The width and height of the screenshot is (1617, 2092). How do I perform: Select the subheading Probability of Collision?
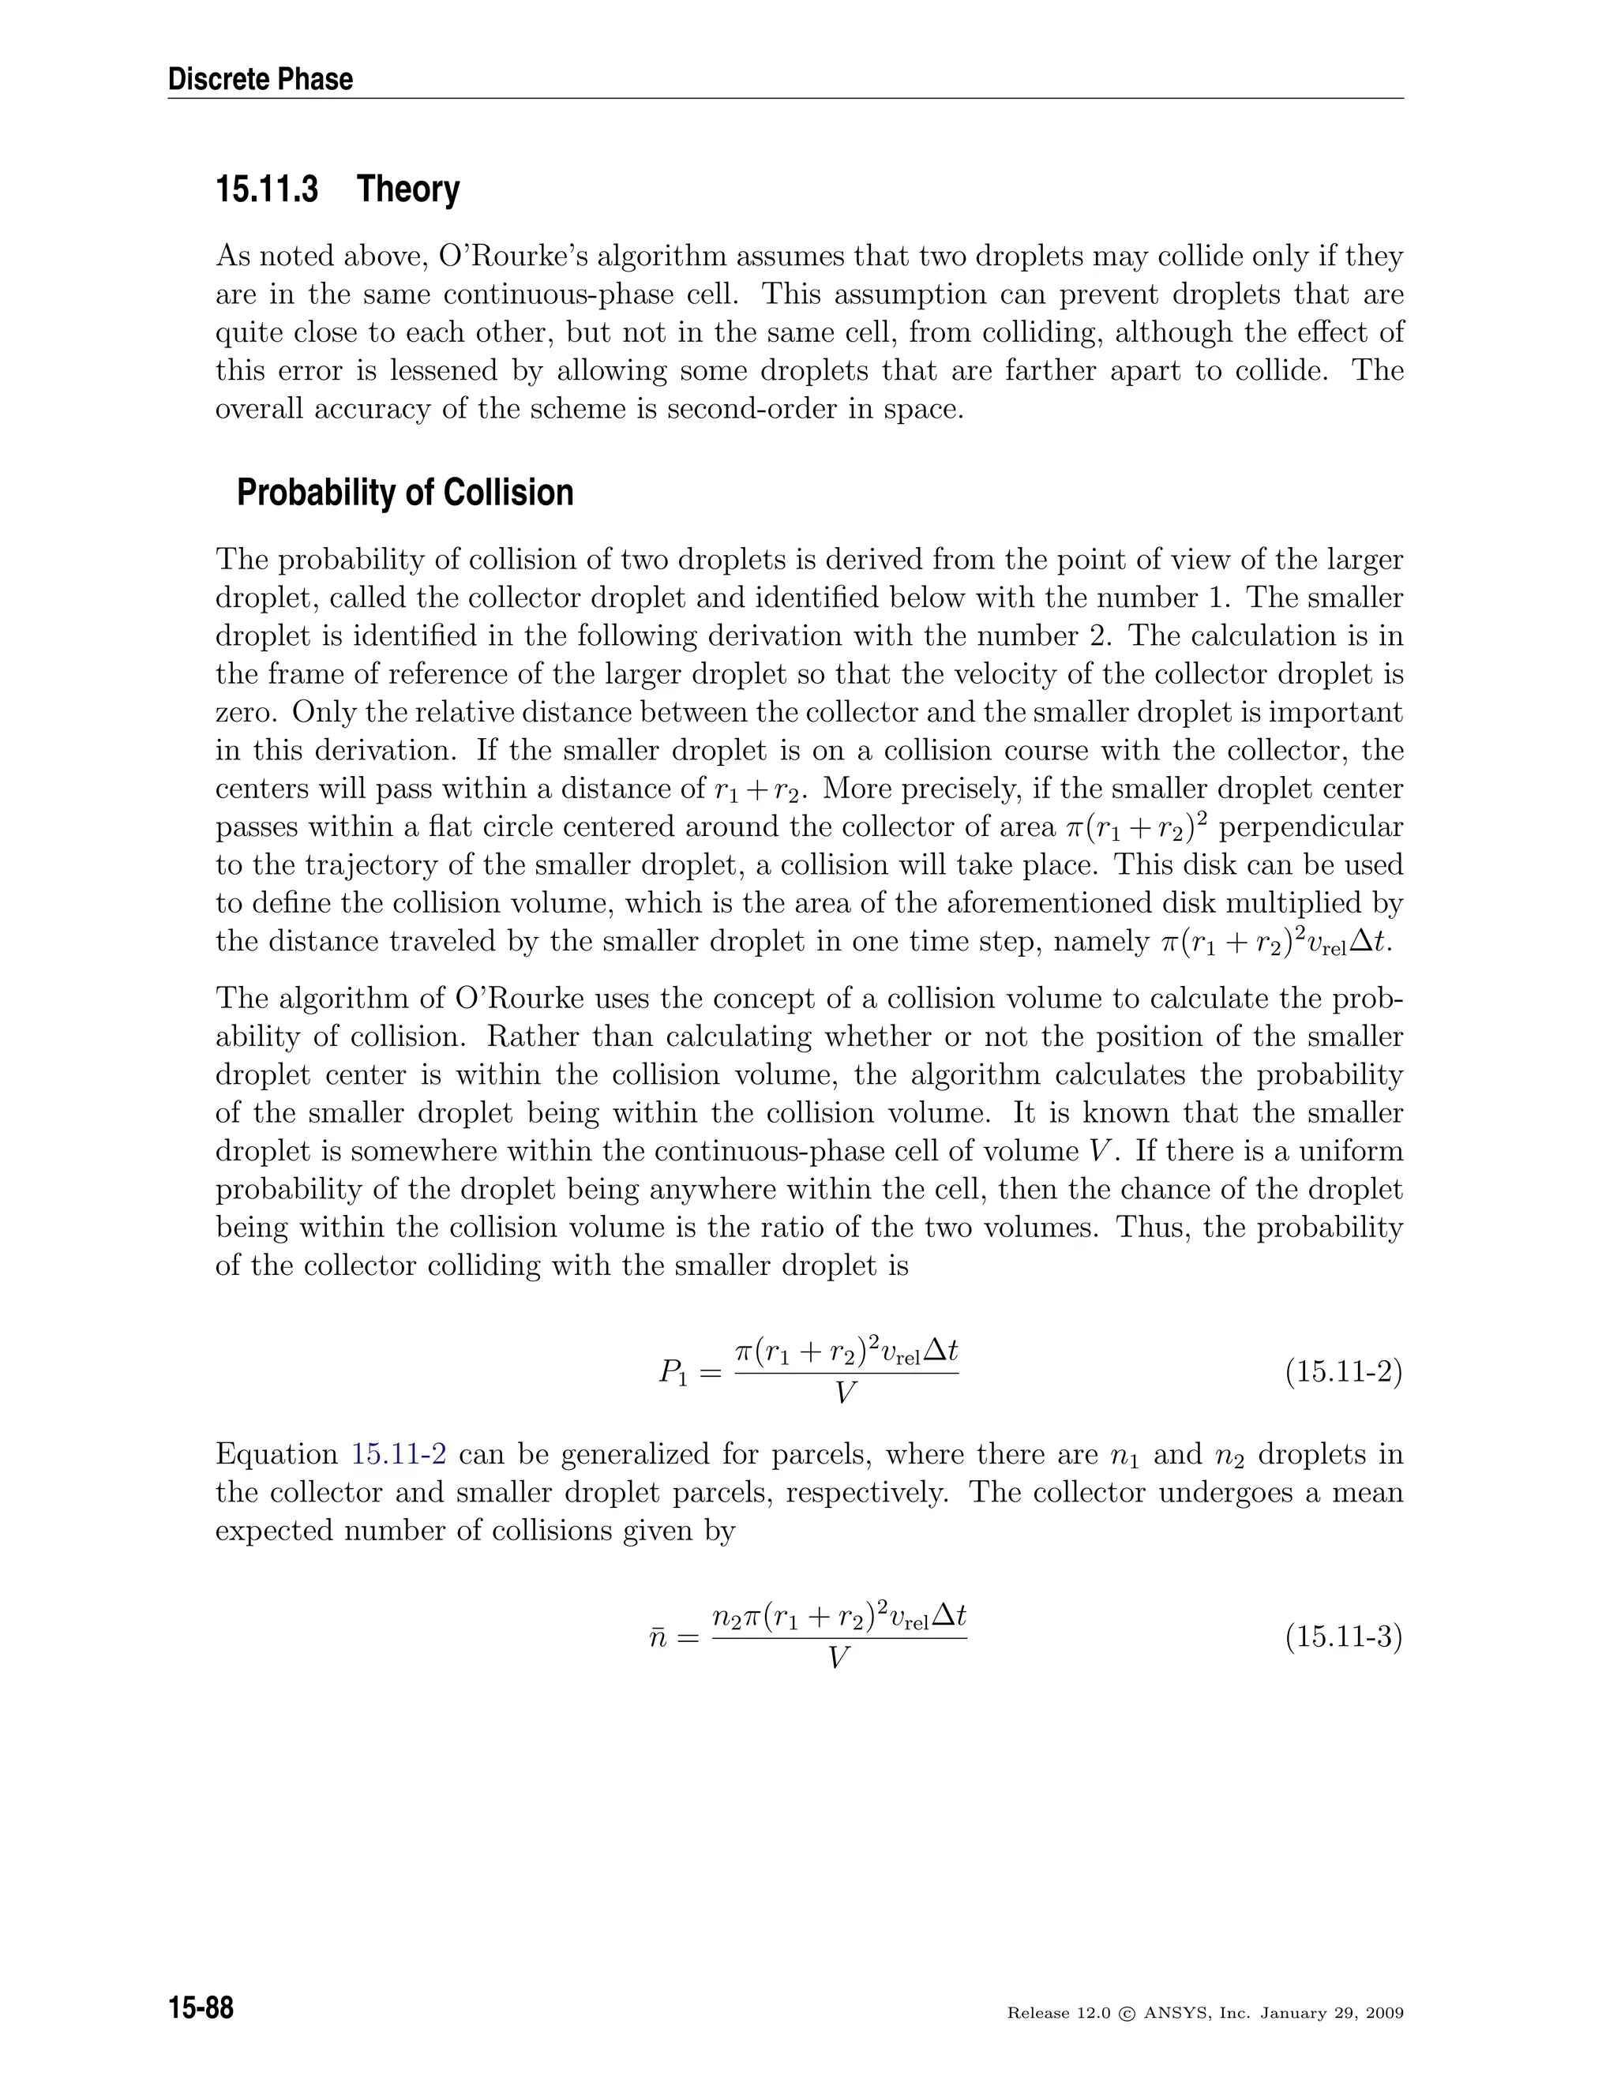404,493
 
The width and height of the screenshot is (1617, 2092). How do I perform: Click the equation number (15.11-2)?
1343,1373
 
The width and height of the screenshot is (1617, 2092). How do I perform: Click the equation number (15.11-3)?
1343,1637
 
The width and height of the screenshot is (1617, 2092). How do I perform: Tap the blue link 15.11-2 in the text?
399,1454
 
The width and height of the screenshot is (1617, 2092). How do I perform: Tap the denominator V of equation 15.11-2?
845,1393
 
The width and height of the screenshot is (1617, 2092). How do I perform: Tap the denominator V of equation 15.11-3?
839,1657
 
